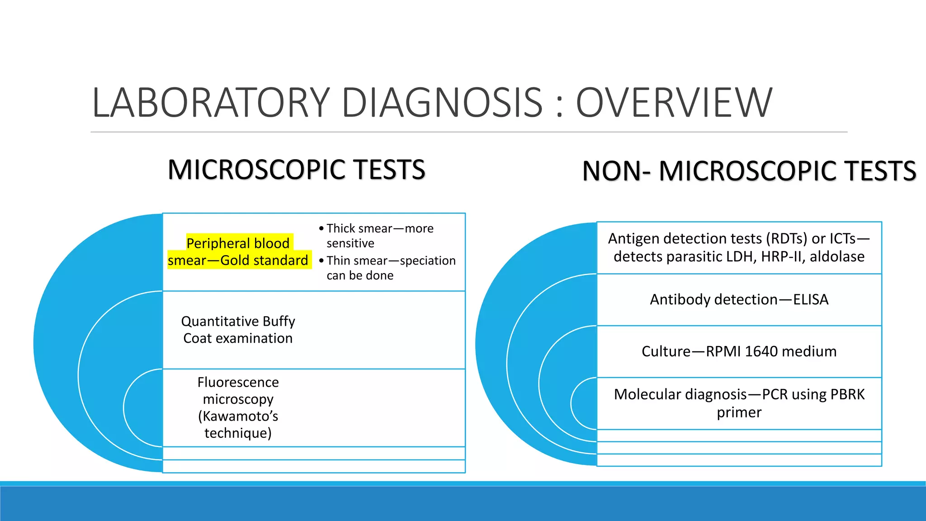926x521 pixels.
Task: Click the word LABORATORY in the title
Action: pos(211,103)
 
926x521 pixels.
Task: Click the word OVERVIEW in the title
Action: pos(674,103)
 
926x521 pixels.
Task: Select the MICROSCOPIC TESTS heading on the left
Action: pos(296,170)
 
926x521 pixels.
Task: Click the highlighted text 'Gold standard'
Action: pos(264,260)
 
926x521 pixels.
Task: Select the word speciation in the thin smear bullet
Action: pos(428,261)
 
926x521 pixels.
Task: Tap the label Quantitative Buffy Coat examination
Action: pos(238,330)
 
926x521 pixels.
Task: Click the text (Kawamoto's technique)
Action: pos(238,424)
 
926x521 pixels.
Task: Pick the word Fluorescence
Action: pos(238,382)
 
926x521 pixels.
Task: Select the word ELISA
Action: pos(811,299)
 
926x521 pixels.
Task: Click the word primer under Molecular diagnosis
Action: pos(739,412)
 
